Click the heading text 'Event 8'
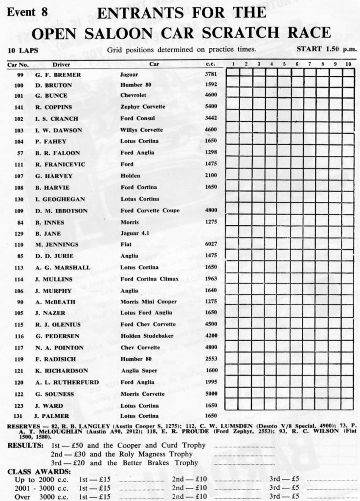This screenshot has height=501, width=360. (x=27, y=13)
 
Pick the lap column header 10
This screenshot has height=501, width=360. (x=347, y=64)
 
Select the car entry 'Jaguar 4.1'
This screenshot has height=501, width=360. (x=135, y=234)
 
